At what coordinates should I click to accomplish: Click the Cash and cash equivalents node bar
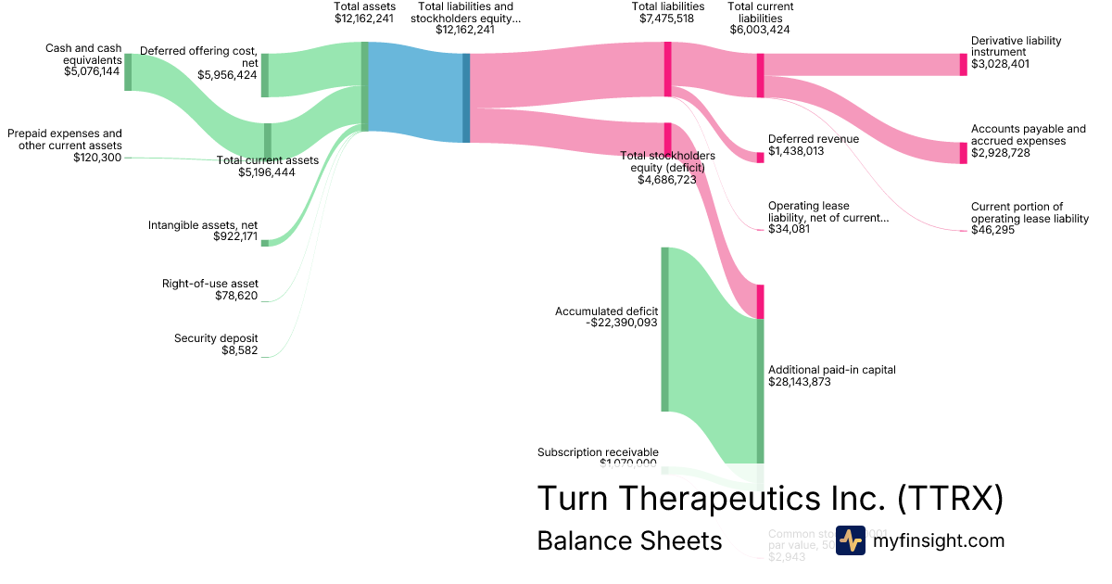pyautogui.click(x=128, y=71)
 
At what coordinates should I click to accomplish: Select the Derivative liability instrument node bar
pyautogui.click(x=963, y=64)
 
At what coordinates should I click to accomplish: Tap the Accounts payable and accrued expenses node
pyautogui.click(x=963, y=153)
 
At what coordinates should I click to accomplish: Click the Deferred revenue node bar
pyautogui.click(x=760, y=158)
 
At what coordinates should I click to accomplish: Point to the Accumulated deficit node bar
pyautogui.click(x=664, y=329)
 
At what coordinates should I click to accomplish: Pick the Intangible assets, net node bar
pyautogui.click(x=264, y=243)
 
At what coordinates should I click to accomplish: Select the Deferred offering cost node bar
pyautogui.click(x=264, y=74)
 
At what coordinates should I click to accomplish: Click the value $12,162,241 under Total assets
pyautogui.click(x=364, y=18)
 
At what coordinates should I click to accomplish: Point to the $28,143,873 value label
pyautogui.click(x=804, y=381)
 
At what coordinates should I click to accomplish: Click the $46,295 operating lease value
pyautogui.click(x=992, y=230)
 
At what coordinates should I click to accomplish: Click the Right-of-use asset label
pyautogui.click(x=210, y=283)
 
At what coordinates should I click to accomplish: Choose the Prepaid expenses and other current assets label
pyautogui.click(x=65, y=139)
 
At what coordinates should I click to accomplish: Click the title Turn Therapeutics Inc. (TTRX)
pyautogui.click(x=770, y=498)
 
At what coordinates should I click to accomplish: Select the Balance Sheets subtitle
pyautogui.click(x=629, y=541)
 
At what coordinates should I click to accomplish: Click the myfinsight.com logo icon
pyautogui.click(x=850, y=540)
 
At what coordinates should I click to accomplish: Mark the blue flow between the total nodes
pyautogui.click(x=415, y=93)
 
